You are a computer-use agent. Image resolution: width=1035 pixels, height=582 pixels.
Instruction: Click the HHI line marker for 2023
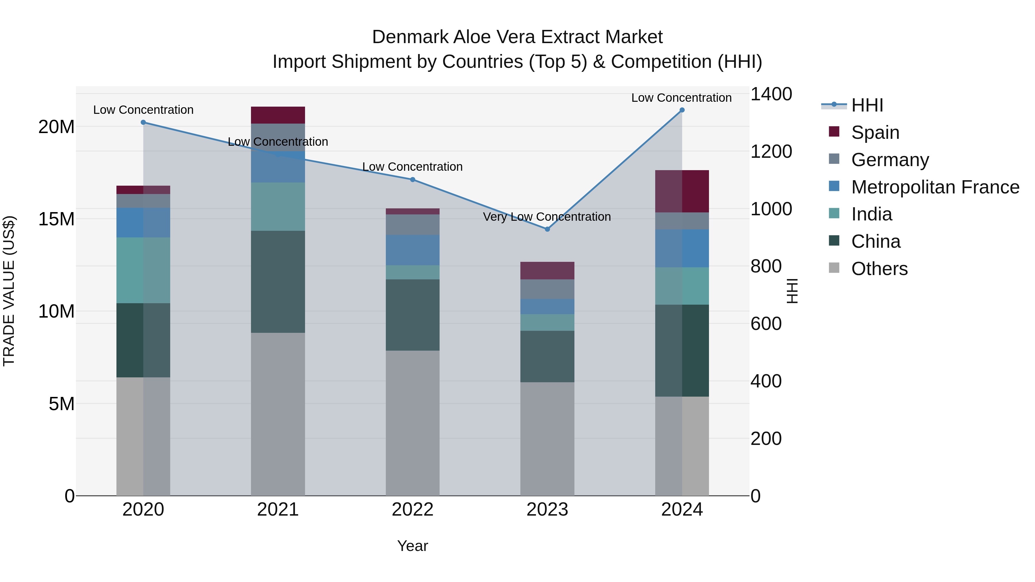click(x=547, y=229)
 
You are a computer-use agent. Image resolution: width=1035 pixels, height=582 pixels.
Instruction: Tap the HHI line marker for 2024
click(x=682, y=110)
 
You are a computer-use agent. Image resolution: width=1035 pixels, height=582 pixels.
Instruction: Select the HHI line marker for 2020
click(x=143, y=122)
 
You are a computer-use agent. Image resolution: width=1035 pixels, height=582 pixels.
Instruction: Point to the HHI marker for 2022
click(x=413, y=180)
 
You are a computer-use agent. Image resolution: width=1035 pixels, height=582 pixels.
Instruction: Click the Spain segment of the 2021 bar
click(x=278, y=115)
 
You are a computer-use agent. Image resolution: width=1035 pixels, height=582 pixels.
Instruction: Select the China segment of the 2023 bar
click(x=547, y=356)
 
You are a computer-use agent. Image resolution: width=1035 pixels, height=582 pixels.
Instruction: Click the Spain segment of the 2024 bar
click(x=682, y=191)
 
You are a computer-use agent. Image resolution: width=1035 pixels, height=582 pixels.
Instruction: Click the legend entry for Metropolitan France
click(x=935, y=187)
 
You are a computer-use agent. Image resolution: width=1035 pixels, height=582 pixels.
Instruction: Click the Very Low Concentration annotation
click(x=547, y=217)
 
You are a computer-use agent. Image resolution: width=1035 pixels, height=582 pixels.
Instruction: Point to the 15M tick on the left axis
click(x=56, y=219)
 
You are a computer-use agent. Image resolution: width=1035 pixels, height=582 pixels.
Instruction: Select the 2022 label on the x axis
click(x=413, y=510)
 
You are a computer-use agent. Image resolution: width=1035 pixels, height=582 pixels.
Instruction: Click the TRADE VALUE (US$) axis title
click(x=9, y=291)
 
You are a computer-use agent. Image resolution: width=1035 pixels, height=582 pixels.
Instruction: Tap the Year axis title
click(x=413, y=546)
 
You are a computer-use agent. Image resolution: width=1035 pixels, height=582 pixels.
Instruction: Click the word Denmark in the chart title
click(x=410, y=37)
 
